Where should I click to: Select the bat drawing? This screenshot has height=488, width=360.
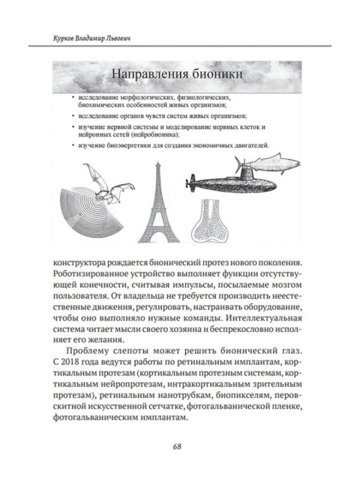point(105,181)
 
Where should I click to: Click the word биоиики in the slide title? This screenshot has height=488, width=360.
point(223,75)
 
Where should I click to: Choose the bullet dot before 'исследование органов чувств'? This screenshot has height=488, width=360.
point(69,117)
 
